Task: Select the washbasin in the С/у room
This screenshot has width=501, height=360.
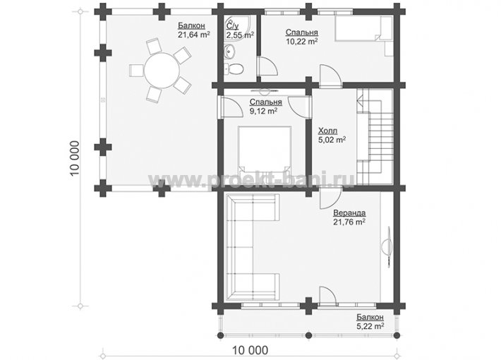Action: [230, 52]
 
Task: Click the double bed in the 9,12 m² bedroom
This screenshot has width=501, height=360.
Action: [265, 150]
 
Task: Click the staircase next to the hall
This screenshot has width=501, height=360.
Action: [375, 136]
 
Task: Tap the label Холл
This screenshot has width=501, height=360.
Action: [327, 131]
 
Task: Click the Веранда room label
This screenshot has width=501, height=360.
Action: [349, 212]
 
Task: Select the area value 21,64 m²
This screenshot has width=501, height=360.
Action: [194, 35]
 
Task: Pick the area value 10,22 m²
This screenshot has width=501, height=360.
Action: [301, 41]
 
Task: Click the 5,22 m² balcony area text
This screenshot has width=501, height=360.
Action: [370, 326]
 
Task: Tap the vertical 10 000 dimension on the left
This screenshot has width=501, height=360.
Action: [75, 159]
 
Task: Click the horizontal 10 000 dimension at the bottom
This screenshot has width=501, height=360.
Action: [250, 350]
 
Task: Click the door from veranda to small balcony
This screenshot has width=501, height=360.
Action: [327, 296]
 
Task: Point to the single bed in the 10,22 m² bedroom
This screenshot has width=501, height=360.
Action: [363, 29]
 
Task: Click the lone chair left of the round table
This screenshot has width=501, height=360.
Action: [136, 70]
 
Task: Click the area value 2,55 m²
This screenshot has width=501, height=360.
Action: [241, 35]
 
